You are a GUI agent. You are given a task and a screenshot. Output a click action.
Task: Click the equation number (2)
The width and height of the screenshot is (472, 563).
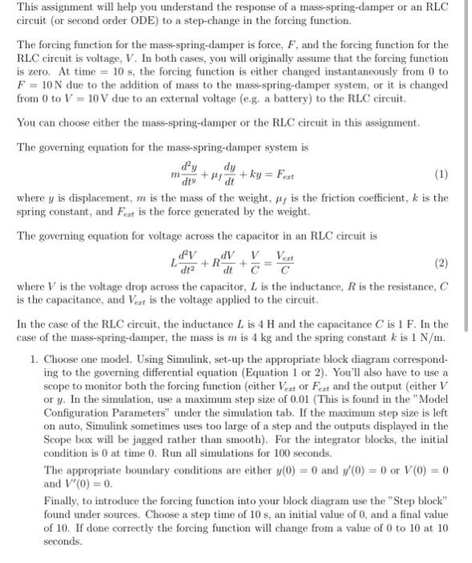(x=440, y=263)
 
